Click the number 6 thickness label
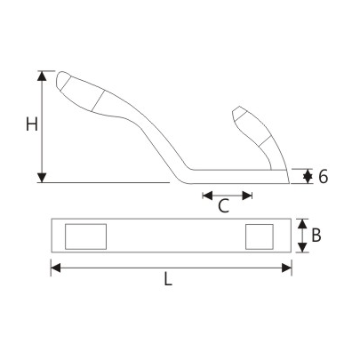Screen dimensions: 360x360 [x=323, y=176]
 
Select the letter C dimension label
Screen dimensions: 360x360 [x=224, y=207]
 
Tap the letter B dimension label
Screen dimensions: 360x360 [x=316, y=236]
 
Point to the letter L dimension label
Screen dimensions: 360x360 [x=169, y=280]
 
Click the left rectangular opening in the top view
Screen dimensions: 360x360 [x=86, y=236]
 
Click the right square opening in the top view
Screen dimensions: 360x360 [x=259, y=236]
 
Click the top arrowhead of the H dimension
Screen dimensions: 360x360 [x=42, y=75]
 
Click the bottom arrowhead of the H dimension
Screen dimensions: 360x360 [x=42, y=178]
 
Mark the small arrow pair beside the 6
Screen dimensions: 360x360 [x=307, y=176]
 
